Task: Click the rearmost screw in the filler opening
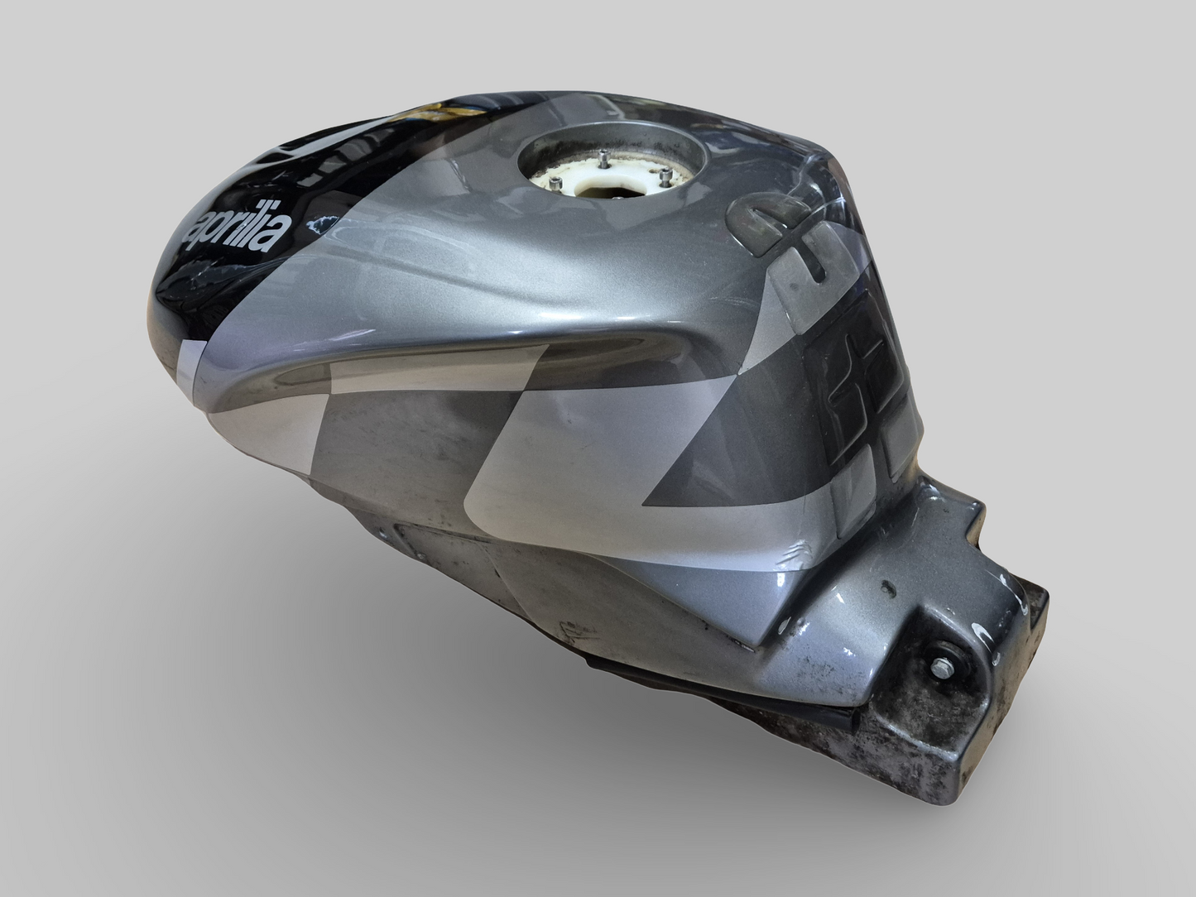pos(602,153)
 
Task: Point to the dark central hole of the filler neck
pos(604,193)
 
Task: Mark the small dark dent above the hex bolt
pos(890,591)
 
